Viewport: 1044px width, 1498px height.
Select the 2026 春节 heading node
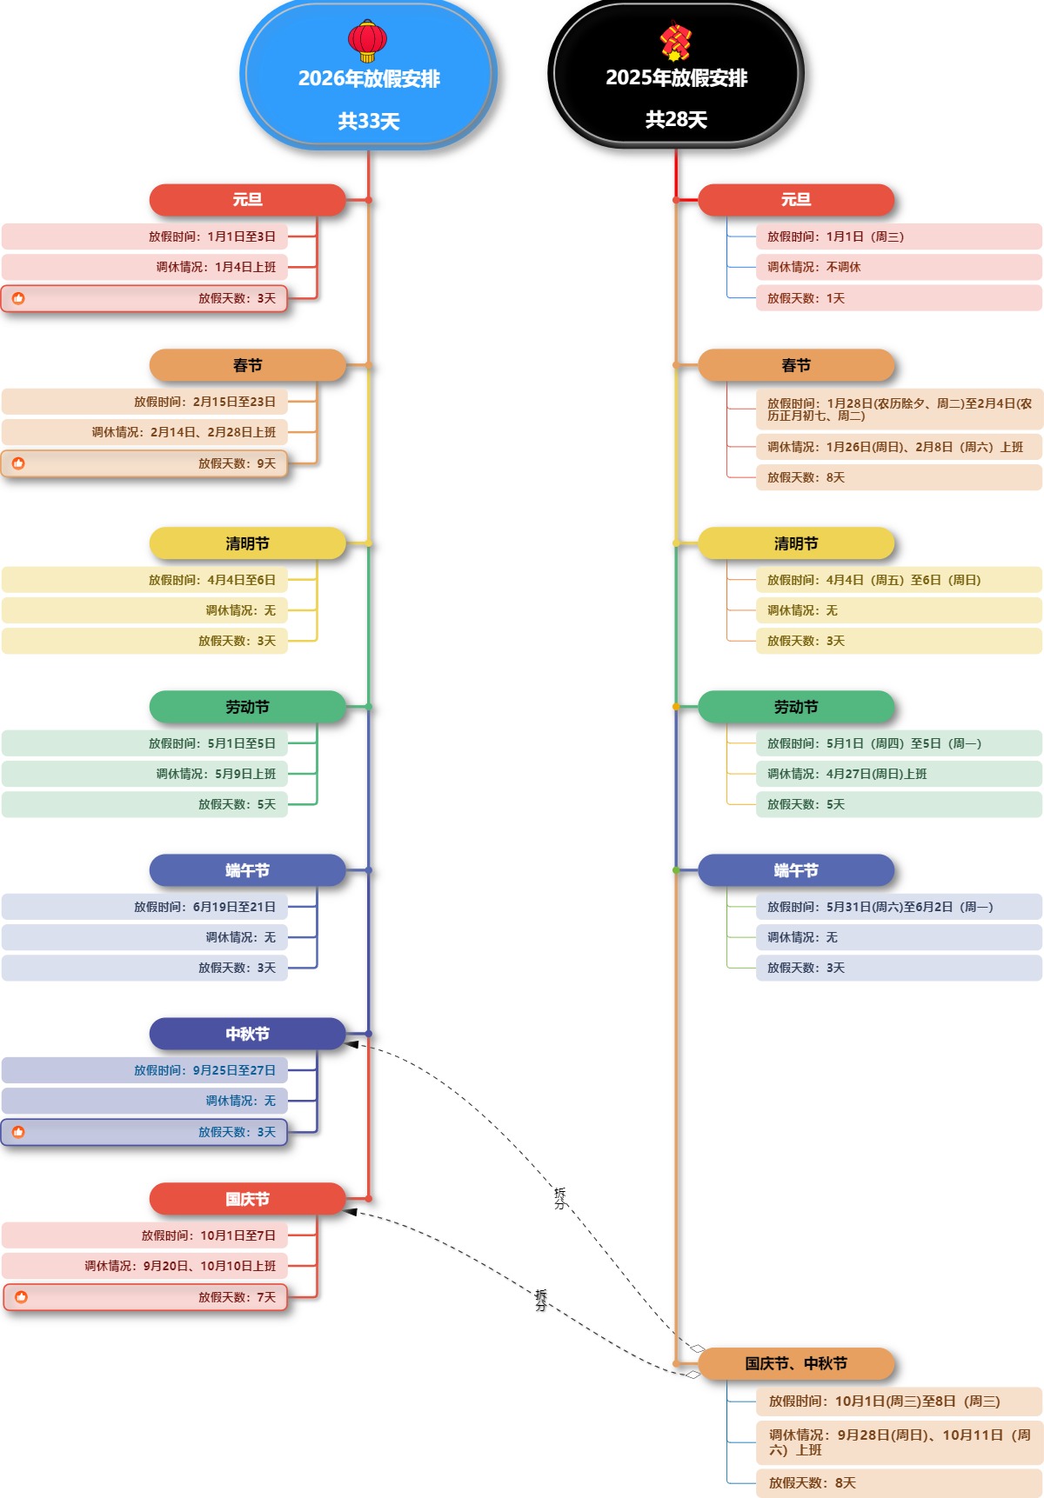247,365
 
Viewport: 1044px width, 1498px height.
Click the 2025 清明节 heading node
795,543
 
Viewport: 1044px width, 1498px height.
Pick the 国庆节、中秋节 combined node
795,1363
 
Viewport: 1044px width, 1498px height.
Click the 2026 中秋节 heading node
247,1034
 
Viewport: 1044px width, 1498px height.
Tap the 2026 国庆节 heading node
247,1199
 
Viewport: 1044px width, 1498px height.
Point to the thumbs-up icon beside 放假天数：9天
18,463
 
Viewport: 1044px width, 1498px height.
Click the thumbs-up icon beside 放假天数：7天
21,1297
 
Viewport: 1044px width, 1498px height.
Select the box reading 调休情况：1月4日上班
144,267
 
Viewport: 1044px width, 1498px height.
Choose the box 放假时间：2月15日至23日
144,402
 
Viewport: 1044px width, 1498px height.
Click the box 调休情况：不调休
898,267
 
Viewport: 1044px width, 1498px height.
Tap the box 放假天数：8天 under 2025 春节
898,477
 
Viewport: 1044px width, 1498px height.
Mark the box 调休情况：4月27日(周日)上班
898,774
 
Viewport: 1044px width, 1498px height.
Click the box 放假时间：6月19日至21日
144,907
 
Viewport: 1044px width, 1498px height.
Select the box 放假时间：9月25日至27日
144,1070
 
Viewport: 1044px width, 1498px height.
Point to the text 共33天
369,121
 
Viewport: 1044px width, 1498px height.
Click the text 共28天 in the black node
676,119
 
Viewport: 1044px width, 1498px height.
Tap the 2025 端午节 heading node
795,870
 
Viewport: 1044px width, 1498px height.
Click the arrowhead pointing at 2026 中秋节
352,1044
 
